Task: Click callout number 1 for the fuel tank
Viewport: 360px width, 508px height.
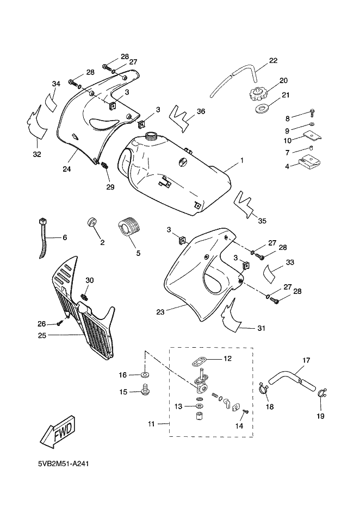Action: point(241,162)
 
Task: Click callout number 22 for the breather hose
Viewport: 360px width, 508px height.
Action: point(273,60)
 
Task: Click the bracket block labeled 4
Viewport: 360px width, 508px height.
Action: point(310,161)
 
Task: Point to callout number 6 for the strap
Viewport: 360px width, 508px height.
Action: point(64,237)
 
